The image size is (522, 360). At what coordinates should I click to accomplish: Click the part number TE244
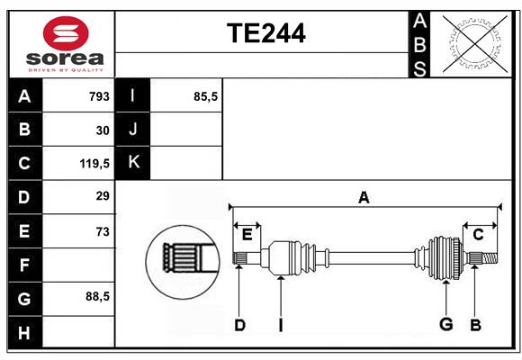[x=266, y=33]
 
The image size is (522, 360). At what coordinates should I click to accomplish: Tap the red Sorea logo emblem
[x=66, y=33]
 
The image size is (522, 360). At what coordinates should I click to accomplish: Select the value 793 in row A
[x=99, y=96]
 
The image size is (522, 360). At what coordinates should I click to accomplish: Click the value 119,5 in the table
[x=94, y=164]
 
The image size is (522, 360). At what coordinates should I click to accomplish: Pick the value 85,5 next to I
[x=205, y=96]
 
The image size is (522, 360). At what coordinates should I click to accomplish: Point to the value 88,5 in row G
[x=97, y=296]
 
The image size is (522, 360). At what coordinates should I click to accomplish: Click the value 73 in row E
[x=103, y=231]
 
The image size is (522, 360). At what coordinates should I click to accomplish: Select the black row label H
[x=25, y=332]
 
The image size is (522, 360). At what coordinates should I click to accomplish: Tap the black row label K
[x=132, y=163]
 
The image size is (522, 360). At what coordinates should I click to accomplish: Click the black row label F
[x=25, y=265]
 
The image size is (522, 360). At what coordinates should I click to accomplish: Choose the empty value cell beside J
[x=186, y=130]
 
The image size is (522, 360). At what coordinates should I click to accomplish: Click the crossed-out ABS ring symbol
[x=475, y=44]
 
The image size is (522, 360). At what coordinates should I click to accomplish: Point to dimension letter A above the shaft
[x=364, y=197]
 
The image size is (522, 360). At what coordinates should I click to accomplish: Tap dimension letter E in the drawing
[x=247, y=235]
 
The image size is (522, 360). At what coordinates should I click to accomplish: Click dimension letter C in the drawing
[x=478, y=235]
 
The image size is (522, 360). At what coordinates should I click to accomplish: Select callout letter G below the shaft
[x=446, y=324]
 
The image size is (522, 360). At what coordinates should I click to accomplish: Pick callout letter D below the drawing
[x=239, y=325]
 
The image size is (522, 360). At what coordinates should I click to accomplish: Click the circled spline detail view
[x=183, y=262]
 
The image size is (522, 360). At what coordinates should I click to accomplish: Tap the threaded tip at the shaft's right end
[x=490, y=258]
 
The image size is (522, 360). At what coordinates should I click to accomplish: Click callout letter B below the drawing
[x=475, y=325]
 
